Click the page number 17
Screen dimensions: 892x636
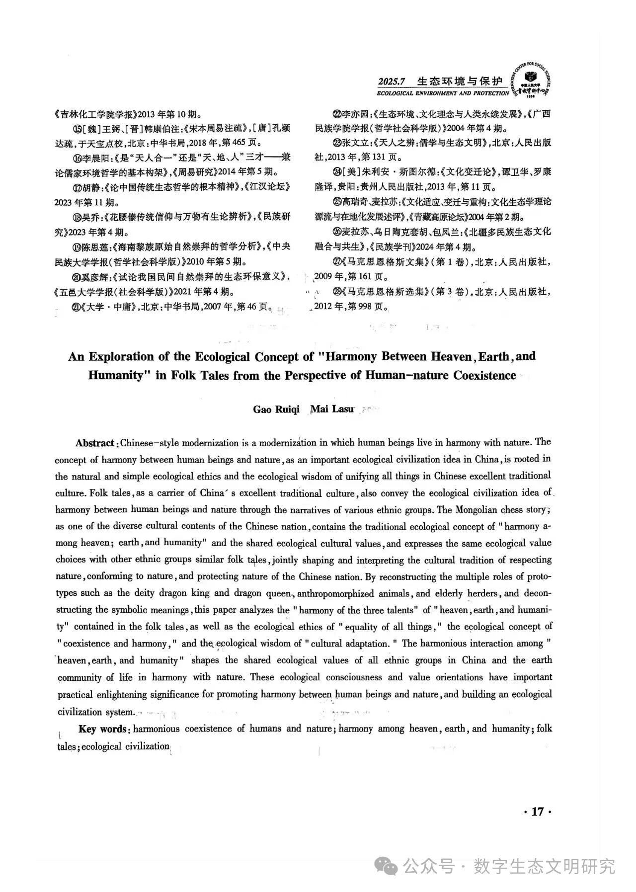[x=538, y=812]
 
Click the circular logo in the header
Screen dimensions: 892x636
[x=531, y=80]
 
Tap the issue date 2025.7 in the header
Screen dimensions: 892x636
[x=392, y=81]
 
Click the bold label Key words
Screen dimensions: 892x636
[x=103, y=729]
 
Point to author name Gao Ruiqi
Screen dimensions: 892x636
[x=276, y=409]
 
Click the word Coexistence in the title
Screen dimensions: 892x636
[x=484, y=375]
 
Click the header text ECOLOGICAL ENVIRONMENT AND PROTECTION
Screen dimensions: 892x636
[x=443, y=93]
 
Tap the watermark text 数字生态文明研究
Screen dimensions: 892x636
[x=544, y=867]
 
